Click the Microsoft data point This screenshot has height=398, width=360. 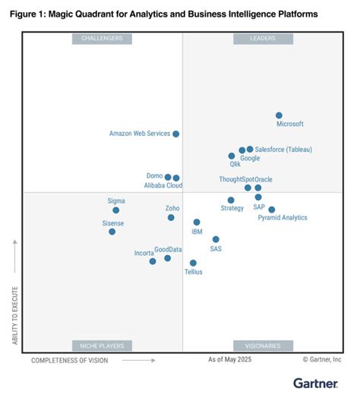(279, 115)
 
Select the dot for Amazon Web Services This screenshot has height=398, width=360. (175, 134)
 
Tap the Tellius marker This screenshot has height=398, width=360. (193, 263)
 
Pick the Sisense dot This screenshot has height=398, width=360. (112, 232)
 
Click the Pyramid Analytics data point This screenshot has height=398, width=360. (271, 210)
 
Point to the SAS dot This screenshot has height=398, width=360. (216, 239)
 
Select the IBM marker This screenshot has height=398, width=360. (197, 223)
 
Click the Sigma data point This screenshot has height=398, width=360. (115, 210)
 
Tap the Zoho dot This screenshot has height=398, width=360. (171, 217)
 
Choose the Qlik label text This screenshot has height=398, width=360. (235, 163)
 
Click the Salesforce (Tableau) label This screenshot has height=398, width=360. (283, 150)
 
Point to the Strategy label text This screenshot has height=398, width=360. (232, 208)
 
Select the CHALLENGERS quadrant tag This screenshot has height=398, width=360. (102, 39)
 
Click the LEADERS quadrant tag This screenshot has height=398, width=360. (263, 39)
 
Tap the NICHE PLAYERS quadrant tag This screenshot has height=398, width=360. (102, 346)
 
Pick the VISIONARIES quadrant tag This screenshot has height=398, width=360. (263, 346)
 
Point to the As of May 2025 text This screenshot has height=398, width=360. (230, 360)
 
